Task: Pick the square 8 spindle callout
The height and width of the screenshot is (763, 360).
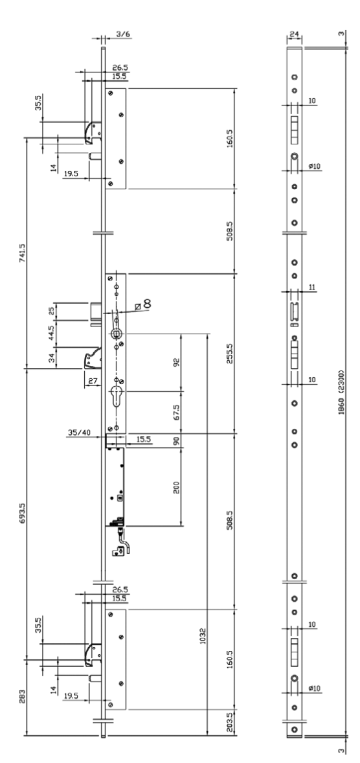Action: click(x=144, y=304)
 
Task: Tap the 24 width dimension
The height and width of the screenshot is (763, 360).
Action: click(x=293, y=34)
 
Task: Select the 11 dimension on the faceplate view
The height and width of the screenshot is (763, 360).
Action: click(x=312, y=287)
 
